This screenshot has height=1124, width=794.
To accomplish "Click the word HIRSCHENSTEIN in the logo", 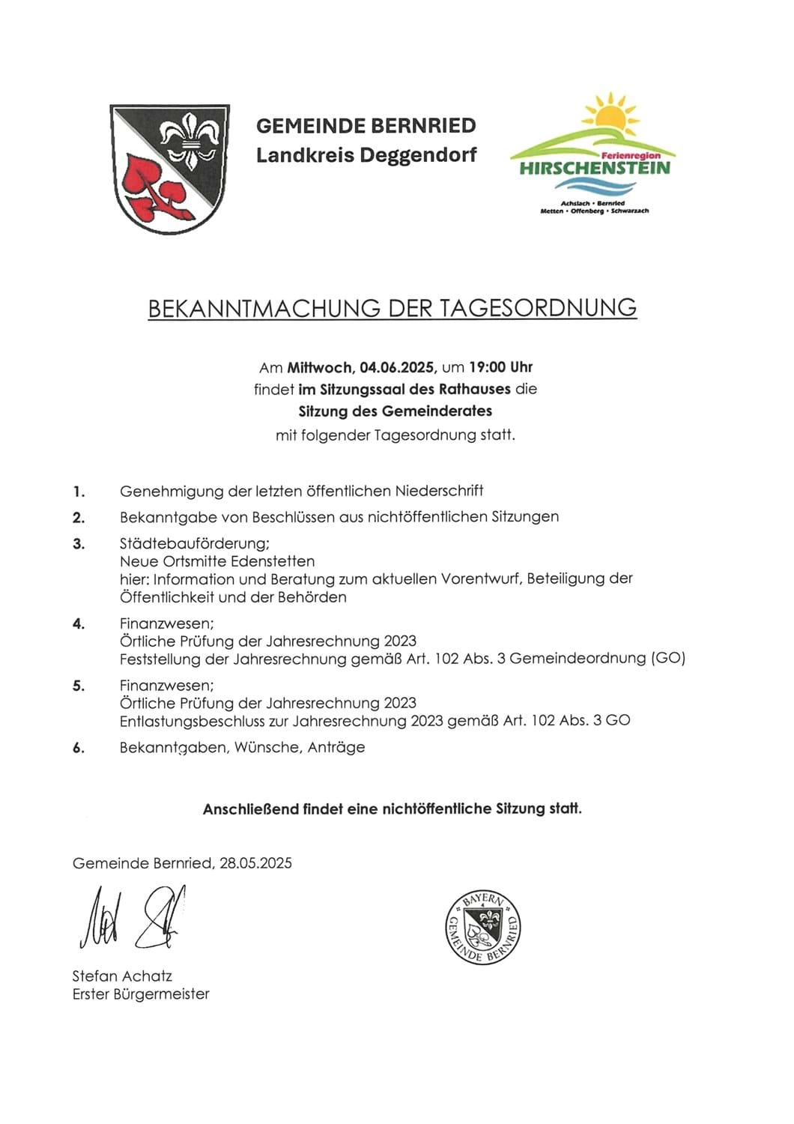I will [x=595, y=168].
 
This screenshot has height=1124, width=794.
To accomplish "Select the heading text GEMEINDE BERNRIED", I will [x=366, y=125].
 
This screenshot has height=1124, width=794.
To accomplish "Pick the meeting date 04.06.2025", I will [x=397, y=367].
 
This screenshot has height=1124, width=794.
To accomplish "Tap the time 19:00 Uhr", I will [x=500, y=367].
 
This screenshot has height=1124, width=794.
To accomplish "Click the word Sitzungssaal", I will [x=360, y=389].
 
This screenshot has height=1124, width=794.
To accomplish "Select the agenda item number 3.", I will [x=79, y=544].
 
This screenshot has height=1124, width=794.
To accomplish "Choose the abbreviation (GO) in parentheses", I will [x=668, y=659].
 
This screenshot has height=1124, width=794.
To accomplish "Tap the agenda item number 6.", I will [x=79, y=748].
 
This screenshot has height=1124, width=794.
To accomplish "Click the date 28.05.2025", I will [x=255, y=863].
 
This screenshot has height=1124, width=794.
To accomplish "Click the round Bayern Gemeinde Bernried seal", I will [x=483, y=928].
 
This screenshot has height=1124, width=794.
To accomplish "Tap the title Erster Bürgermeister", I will [x=141, y=994].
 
